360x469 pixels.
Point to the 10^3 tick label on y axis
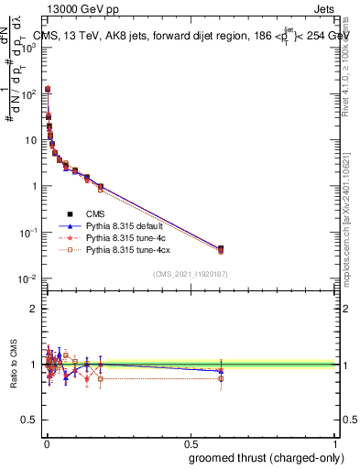[x=27, y=48]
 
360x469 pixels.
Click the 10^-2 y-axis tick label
[x=27, y=278]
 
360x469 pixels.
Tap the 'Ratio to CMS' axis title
[x=13, y=364]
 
